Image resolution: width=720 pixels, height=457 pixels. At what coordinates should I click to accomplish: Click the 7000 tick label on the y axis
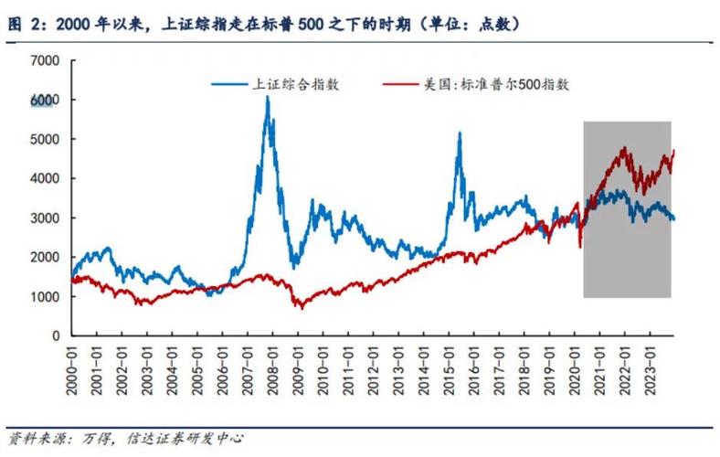pos(44,60)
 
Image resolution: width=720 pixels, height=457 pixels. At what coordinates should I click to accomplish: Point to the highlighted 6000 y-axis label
pos(44,100)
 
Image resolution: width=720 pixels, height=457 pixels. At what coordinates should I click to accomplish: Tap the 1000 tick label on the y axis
pos(44,297)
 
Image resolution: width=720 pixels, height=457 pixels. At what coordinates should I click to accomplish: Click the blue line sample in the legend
pos(228,85)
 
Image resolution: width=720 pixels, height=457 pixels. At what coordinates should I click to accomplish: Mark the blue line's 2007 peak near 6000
pos(267,97)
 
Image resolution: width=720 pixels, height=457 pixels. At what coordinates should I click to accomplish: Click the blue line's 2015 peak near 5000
pos(459,133)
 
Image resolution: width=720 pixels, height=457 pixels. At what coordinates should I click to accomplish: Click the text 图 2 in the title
pos(20,22)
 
